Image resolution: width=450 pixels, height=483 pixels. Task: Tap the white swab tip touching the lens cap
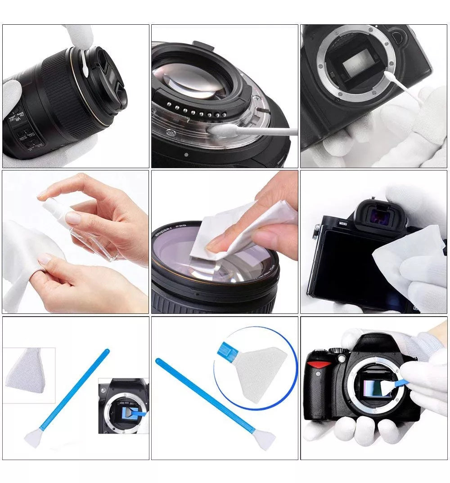tap(85, 66)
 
